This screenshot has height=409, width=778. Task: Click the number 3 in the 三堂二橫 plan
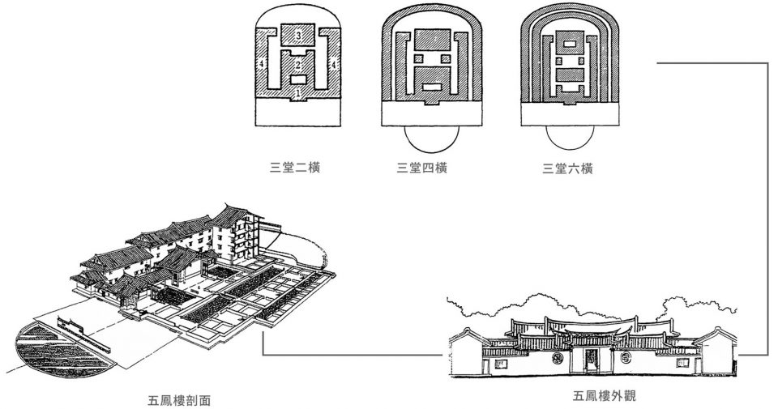pos(297,35)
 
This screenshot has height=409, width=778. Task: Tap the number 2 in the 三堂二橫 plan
pos(297,65)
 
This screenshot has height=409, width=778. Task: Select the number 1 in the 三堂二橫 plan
pos(297,92)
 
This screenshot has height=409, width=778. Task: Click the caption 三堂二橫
pos(295,167)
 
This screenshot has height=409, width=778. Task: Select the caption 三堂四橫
pos(421,168)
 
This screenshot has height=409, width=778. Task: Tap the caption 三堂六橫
pos(567,168)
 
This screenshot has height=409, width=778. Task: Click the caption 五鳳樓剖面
pos(179,400)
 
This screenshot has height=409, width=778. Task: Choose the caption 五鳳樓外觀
pos(604,395)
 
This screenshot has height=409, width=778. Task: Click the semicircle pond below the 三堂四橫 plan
pos(431,139)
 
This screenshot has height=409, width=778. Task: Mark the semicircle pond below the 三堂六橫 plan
pos(570,138)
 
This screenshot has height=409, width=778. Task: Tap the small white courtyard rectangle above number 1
pos(297,79)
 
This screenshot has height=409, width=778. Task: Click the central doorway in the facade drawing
pos(591,360)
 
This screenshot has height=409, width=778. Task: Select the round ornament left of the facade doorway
pos(558,357)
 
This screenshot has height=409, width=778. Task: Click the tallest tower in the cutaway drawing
pos(238,233)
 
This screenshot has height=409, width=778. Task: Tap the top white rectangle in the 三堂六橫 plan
pos(570,44)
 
